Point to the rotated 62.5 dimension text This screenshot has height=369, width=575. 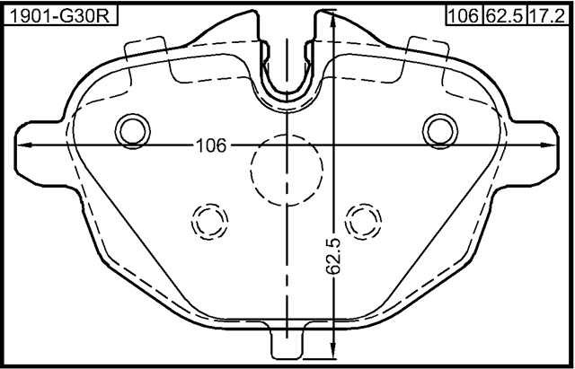(x=333, y=256)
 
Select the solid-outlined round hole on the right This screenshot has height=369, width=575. (x=439, y=130)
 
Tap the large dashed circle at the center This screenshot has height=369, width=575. (x=286, y=167)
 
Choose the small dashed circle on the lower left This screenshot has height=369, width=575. (x=209, y=219)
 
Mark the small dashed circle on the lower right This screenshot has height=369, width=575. (x=364, y=219)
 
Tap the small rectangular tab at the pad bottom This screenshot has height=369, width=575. (x=287, y=343)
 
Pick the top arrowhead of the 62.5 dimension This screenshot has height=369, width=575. (x=333, y=20)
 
